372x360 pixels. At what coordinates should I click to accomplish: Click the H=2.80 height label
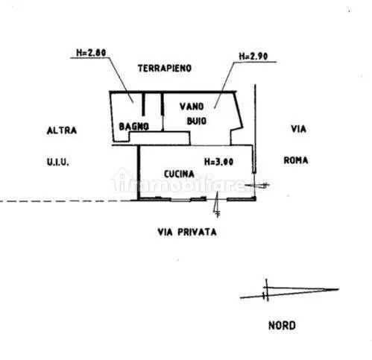pyautogui.click(x=91, y=53)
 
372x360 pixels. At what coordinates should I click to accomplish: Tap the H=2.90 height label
pyautogui.click(x=253, y=57)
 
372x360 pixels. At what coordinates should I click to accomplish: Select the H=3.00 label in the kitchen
pyautogui.click(x=218, y=162)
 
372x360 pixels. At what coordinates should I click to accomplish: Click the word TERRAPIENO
pyautogui.click(x=165, y=69)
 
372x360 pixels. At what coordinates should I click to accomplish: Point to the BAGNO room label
pyautogui.click(x=134, y=127)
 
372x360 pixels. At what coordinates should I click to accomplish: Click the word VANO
pyautogui.click(x=192, y=107)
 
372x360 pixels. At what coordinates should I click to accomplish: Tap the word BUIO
pyautogui.click(x=197, y=121)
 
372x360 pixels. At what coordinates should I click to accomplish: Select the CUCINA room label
pyautogui.click(x=179, y=174)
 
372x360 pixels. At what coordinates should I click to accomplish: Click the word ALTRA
pyautogui.click(x=62, y=130)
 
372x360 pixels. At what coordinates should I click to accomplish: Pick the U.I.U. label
pyautogui.click(x=57, y=162)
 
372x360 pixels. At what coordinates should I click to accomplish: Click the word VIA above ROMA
pyautogui.click(x=298, y=129)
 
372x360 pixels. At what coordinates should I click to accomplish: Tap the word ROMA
pyautogui.click(x=296, y=160)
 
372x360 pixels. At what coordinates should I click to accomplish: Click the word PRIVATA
pyautogui.click(x=197, y=233)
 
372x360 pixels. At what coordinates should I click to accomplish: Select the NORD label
pyautogui.click(x=282, y=326)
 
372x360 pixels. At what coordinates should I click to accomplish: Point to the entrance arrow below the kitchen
pyautogui.click(x=217, y=204)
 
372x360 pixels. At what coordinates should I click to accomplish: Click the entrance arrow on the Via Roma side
pyautogui.click(x=257, y=185)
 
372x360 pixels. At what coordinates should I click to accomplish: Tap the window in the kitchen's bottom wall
pyautogui.click(x=180, y=200)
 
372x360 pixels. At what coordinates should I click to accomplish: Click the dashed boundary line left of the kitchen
pyautogui.click(x=69, y=201)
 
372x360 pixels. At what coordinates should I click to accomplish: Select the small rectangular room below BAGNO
pyautogui.click(x=160, y=139)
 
